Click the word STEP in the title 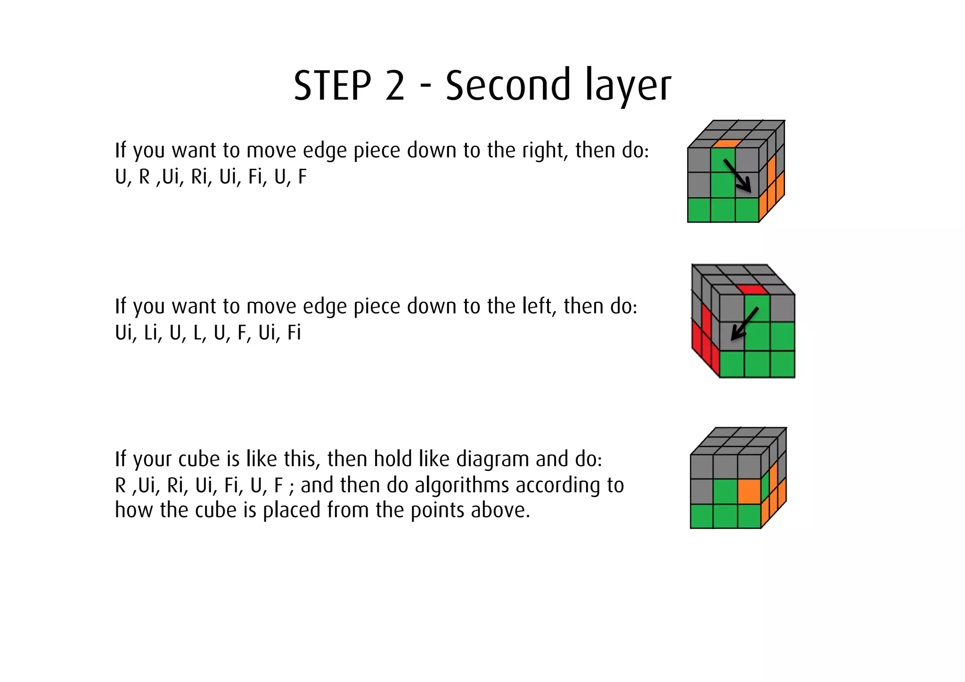click(x=332, y=86)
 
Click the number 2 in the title click(x=395, y=86)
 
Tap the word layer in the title click(x=628, y=86)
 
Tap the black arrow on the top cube click(x=738, y=175)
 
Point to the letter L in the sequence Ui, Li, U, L click(x=196, y=333)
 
